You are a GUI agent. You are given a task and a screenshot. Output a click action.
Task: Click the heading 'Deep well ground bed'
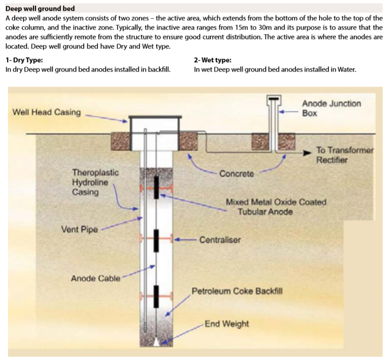pos(40,9)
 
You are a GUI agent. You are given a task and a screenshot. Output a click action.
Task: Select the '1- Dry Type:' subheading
pos(24,60)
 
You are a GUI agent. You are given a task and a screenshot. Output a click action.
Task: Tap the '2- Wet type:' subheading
pos(213,60)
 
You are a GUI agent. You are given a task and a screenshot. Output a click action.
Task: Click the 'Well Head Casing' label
pos(47,112)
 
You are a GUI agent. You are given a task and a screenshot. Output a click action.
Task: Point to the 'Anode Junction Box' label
pos(331,108)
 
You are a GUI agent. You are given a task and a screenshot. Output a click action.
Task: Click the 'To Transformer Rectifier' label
pos(345,155)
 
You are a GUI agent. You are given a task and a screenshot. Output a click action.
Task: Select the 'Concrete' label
pos(236,174)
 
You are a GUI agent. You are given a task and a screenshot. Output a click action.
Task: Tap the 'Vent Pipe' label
pos(80,229)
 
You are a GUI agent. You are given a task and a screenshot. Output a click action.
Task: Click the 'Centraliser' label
pos(220,240)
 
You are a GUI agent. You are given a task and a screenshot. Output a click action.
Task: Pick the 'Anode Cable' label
pos(96,278)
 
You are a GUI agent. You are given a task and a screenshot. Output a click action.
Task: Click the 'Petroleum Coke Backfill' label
pos(237,291)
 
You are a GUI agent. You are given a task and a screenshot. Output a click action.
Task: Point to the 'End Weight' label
pos(227,324)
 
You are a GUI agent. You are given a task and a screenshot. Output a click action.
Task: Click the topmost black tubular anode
pos(156,187)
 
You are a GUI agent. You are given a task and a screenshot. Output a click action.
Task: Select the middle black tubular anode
pos(156,241)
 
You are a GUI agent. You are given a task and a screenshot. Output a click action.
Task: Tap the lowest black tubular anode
pos(156,296)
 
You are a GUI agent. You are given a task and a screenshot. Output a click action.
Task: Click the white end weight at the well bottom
pos(157,342)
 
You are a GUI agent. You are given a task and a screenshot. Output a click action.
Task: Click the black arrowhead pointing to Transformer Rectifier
pos(307,153)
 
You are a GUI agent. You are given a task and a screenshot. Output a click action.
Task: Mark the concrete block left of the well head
pos(120,141)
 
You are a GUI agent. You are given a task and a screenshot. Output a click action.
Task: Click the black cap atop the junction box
pos(274,99)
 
